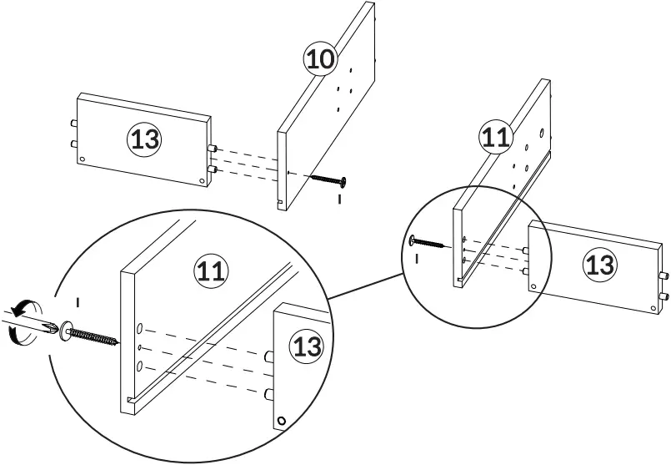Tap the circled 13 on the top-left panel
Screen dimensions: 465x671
(x=143, y=139)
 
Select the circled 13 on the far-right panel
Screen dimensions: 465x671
(x=599, y=265)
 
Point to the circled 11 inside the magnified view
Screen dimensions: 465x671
(x=210, y=270)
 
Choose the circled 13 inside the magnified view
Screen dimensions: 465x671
(x=308, y=346)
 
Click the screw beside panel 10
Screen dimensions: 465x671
(x=328, y=178)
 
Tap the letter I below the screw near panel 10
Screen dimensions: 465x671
(x=339, y=200)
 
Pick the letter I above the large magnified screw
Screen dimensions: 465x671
(x=78, y=300)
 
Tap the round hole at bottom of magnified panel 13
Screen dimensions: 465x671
(x=283, y=421)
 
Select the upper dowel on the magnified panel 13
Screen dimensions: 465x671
(x=269, y=357)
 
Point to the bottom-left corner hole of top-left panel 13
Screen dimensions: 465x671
(x=83, y=159)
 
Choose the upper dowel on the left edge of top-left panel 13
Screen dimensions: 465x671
(x=73, y=123)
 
